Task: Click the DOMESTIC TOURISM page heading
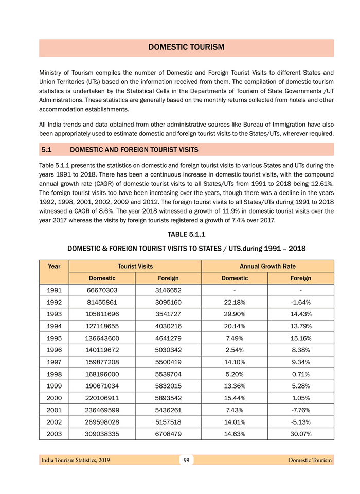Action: pyautogui.click(x=186, y=47)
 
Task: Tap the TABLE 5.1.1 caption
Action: pyautogui.click(x=186, y=235)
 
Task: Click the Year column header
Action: pyautogui.click(x=54, y=266)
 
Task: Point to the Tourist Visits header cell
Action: pyautogui.click(x=135, y=266)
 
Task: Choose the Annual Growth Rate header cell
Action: pyautogui.click(x=267, y=266)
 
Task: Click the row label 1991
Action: pyautogui.click(x=54, y=291)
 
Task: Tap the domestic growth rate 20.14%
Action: pyautogui.click(x=235, y=326)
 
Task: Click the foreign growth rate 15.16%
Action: pyautogui.click(x=301, y=339)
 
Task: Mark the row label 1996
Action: pyautogui.click(x=54, y=350)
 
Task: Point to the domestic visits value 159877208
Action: pyautogui.click(x=102, y=362)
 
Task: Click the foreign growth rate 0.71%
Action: pyautogui.click(x=301, y=374)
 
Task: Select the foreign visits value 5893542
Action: pyautogui.click(x=168, y=398)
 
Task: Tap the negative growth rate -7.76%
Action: pyautogui.click(x=301, y=410)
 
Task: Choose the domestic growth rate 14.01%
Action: pyautogui.click(x=235, y=422)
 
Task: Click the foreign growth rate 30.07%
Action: pyautogui.click(x=301, y=434)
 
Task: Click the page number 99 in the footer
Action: pyautogui.click(x=186, y=460)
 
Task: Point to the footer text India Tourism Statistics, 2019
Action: pyautogui.click(x=75, y=460)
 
